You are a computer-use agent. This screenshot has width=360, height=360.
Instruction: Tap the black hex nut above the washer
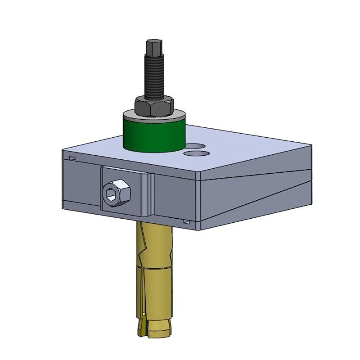click(x=154, y=106)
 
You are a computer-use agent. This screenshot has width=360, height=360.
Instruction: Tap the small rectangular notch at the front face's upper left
click(x=72, y=157)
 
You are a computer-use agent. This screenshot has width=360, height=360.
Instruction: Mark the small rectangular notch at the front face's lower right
click(x=186, y=221)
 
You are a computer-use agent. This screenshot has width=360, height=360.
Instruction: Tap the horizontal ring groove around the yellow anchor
click(x=153, y=269)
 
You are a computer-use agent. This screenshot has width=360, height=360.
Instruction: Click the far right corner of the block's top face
click(x=311, y=146)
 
